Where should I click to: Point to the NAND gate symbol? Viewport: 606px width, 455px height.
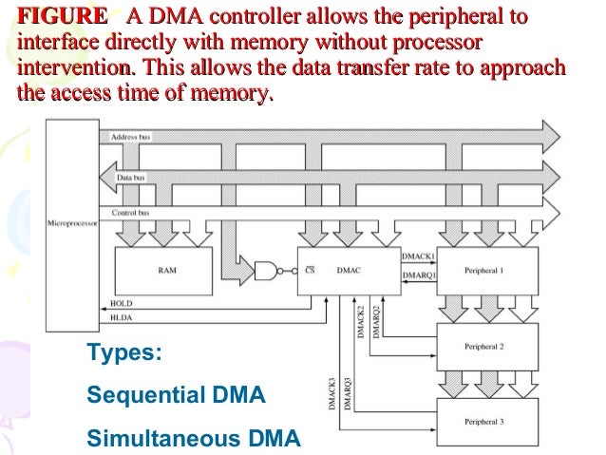[272, 269]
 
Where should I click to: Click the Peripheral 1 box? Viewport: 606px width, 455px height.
[488, 270]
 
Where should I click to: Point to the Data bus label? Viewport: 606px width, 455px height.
[130, 177]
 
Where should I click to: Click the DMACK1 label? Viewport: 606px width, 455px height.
[419, 257]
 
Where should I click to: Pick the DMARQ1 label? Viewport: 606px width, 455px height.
[419, 275]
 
